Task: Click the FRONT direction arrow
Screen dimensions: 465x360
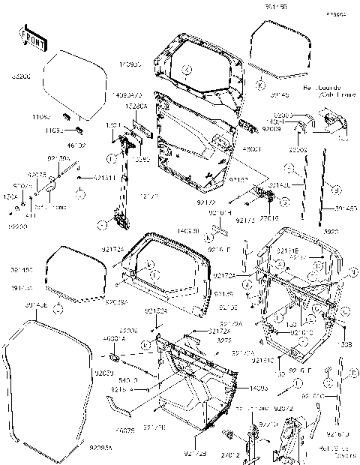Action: click(30, 37)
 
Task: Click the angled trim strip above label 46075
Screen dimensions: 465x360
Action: click(121, 408)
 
